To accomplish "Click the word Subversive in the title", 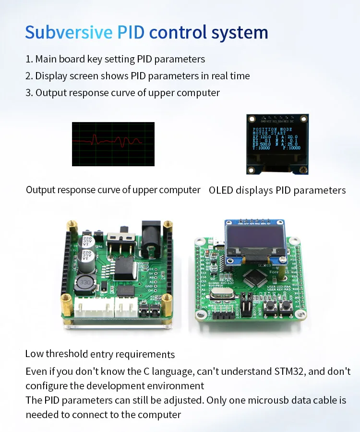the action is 69,32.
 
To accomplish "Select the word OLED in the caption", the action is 221,190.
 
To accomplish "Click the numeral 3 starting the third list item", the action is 28,93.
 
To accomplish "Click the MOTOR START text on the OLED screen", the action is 269,133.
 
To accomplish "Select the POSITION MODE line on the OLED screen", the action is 271,129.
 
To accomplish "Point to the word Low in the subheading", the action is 34,354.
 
